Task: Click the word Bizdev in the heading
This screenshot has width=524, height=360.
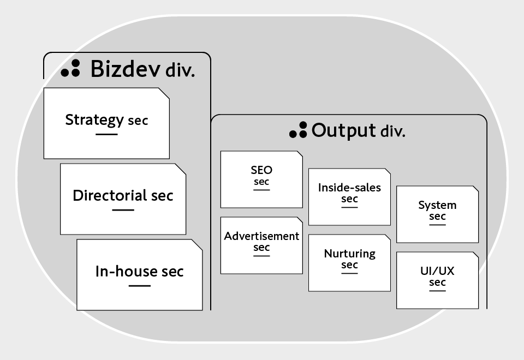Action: click(x=125, y=69)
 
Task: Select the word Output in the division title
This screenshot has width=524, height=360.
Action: click(x=344, y=131)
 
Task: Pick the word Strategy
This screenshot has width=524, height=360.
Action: click(x=94, y=120)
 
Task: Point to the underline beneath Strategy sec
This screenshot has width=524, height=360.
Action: click(x=106, y=134)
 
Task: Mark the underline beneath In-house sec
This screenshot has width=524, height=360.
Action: click(x=140, y=285)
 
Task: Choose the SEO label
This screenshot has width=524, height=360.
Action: click(x=261, y=170)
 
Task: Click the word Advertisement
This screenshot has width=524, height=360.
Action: click(x=261, y=236)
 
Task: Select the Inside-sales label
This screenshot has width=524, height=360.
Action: click(x=349, y=188)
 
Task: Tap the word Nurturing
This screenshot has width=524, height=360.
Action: click(x=349, y=254)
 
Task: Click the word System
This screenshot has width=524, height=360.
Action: click(x=437, y=205)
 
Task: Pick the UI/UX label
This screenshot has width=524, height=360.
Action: click(x=437, y=271)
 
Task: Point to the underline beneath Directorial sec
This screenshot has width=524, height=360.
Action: click(x=123, y=210)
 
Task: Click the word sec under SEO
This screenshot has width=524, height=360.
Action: click(x=261, y=182)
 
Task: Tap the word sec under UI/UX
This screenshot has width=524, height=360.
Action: click(x=437, y=283)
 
